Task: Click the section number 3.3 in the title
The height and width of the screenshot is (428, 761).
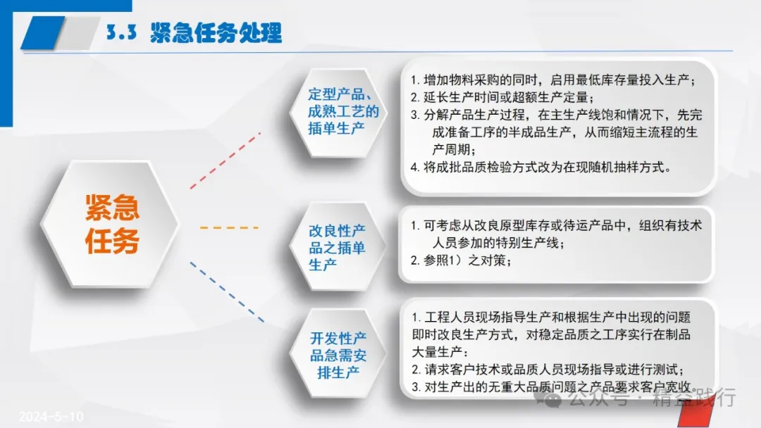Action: (121, 32)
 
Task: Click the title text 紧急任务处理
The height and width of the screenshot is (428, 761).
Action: (216, 32)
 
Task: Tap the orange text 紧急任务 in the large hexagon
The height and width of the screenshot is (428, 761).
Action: (112, 224)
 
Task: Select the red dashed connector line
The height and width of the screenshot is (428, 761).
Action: (225, 160)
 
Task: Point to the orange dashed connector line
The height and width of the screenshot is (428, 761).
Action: (229, 227)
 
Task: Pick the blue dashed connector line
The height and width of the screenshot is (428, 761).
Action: (227, 292)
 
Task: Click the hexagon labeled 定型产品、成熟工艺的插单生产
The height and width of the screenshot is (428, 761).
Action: (338, 113)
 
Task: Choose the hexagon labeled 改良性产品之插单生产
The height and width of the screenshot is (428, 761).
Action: (338, 247)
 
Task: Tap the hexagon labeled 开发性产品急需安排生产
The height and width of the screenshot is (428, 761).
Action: (338, 355)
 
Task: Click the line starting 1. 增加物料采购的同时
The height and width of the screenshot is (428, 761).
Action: (553, 80)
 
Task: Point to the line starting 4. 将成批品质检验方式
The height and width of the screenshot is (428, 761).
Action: (541, 168)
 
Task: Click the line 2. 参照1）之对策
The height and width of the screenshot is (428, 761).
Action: (461, 260)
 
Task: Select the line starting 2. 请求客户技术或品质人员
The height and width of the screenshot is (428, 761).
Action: (548, 370)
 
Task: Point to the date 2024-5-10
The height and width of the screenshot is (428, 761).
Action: (51, 416)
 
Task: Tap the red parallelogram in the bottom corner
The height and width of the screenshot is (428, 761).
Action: (696, 411)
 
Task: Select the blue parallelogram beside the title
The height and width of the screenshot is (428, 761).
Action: (43, 32)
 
